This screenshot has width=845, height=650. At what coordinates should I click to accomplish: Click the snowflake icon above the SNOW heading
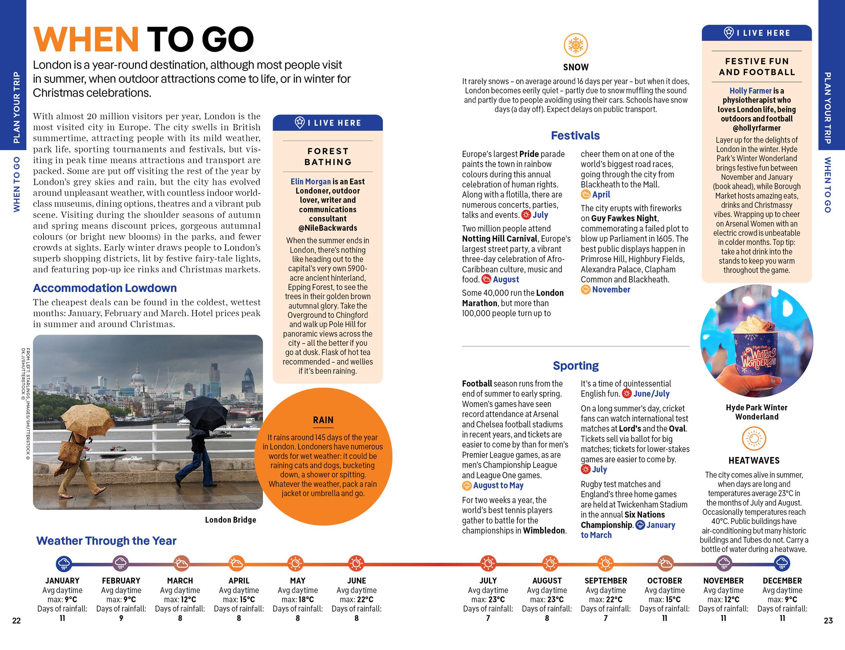[575, 45]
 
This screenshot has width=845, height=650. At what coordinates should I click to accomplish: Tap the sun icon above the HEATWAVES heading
[754, 439]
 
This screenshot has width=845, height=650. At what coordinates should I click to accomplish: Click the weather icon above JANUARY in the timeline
[64, 564]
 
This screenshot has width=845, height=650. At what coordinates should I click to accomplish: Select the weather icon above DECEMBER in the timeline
[781, 564]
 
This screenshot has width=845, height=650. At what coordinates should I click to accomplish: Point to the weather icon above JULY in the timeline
[488, 564]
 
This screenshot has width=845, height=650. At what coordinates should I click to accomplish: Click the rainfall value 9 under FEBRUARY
[121, 618]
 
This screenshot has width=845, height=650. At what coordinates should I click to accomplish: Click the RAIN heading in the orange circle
[323, 420]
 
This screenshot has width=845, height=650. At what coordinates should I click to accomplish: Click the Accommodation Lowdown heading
[104, 288]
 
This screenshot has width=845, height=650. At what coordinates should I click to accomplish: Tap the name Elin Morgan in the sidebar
[310, 181]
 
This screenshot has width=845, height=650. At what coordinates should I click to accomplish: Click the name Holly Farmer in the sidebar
[750, 91]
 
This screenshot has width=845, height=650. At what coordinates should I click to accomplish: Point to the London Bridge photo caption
[230, 520]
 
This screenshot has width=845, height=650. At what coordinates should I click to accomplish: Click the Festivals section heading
[575, 135]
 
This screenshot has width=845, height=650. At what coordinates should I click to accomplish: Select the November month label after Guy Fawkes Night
[610, 290]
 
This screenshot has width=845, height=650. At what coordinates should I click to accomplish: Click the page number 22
[16, 621]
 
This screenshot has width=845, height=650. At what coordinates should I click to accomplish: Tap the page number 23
[828, 621]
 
